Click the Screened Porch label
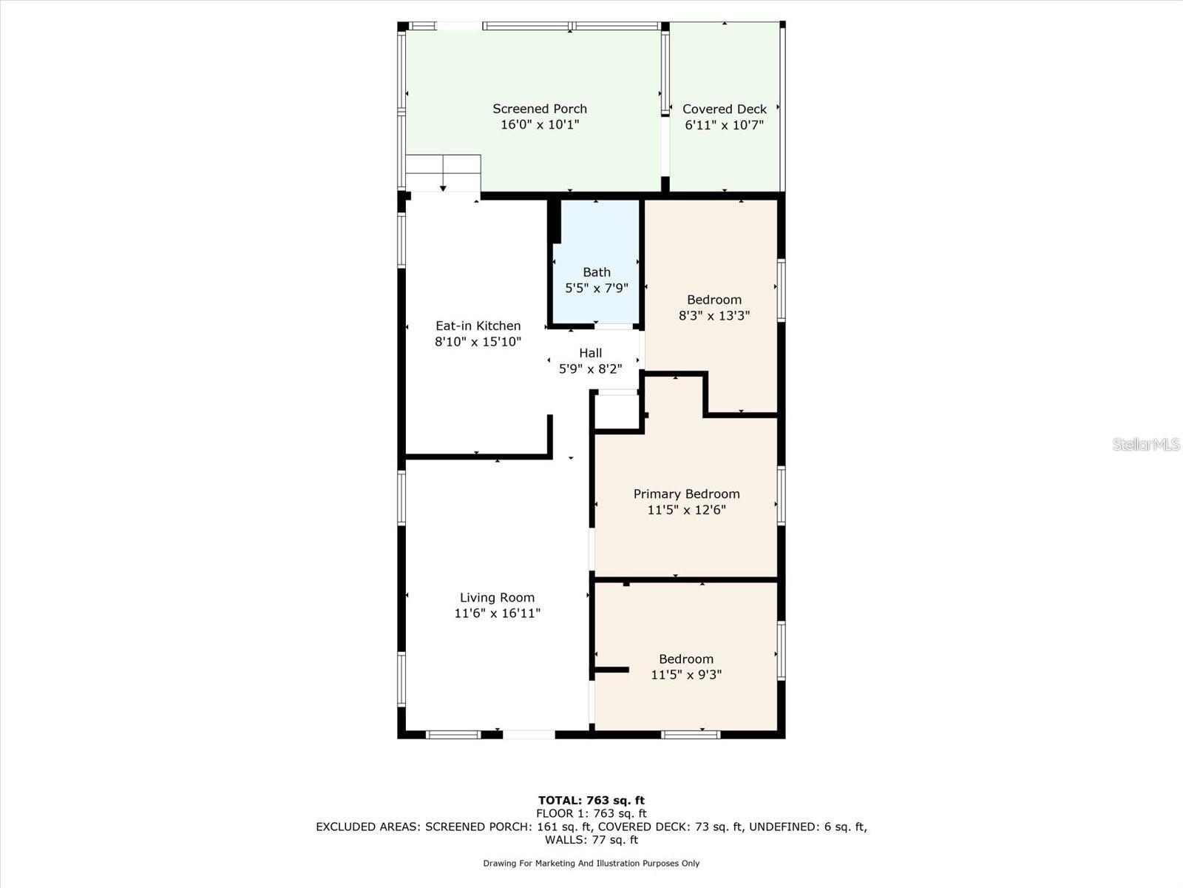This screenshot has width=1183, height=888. tap(540, 109)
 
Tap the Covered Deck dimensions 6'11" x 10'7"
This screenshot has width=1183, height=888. tap(724, 125)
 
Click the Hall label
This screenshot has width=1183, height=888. tap(590, 353)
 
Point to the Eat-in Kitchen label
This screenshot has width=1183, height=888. tap(478, 326)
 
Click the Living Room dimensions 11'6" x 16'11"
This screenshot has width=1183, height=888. tap(497, 613)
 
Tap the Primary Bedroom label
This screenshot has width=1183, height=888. tap(686, 494)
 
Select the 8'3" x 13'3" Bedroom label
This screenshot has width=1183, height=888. tap(713, 300)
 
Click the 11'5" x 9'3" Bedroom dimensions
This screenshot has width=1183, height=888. tap(686, 675)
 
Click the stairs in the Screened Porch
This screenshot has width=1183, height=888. tap(443, 173)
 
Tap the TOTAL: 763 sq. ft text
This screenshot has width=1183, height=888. tap(591, 800)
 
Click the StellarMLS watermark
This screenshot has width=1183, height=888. tap(1146, 444)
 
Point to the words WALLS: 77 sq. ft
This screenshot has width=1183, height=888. tap(591, 840)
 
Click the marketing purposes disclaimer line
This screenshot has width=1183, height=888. tap(591, 864)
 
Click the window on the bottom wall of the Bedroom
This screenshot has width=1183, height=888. tap(690, 735)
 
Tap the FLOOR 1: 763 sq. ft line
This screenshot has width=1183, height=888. tap(591, 813)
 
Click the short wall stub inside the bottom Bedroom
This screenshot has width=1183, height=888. tap(612, 670)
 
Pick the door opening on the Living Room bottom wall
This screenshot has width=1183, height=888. tap(529, 735)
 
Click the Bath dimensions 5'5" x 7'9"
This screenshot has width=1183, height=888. tap(596, 288)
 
